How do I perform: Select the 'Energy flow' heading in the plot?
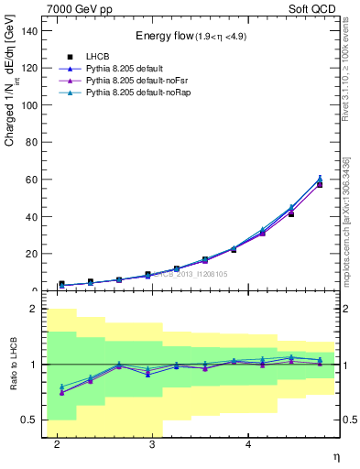point(191,36)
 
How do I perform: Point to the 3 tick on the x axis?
point(152,444)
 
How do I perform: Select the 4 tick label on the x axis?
point(248,444)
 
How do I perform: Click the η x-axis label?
point(335,456)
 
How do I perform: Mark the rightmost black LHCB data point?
point(320,184)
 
